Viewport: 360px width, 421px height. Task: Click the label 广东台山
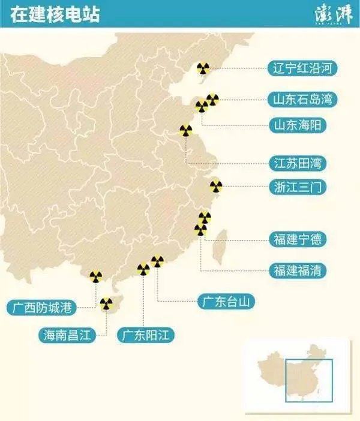click(x=226, y=302)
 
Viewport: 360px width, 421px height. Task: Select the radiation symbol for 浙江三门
click(x=216, y=187)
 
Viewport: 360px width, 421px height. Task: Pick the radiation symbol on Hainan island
click(x=106, y=304)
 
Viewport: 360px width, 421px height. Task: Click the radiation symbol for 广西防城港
click(x=95, y=276)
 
